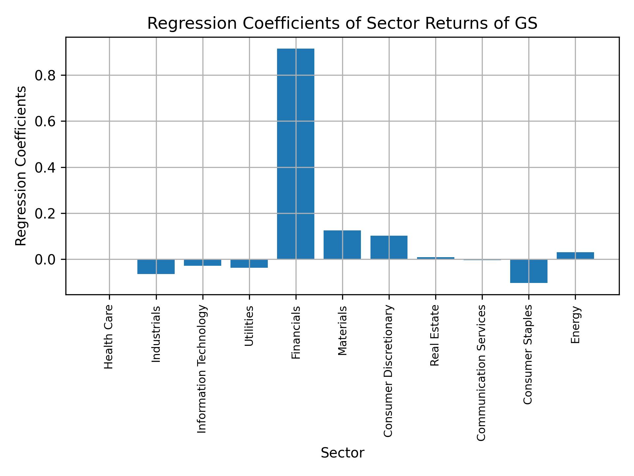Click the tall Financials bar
coord(296,154)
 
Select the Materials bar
coord(342,245)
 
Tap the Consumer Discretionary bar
coord(389,247)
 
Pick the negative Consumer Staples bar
coord(529,271)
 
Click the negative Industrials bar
coord(156,267)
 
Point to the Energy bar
coord(575,256)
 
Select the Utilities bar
coord(249,263)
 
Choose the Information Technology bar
coord(202,262)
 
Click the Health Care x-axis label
coord(109,337)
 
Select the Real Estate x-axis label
coord(435,335)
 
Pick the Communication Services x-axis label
coord(481,373)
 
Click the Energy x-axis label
coord(575,325)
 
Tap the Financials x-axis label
coord(296,332)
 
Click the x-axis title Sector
coord(342,453)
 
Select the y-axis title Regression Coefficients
coord(21,166)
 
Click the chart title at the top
coord(342,24)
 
